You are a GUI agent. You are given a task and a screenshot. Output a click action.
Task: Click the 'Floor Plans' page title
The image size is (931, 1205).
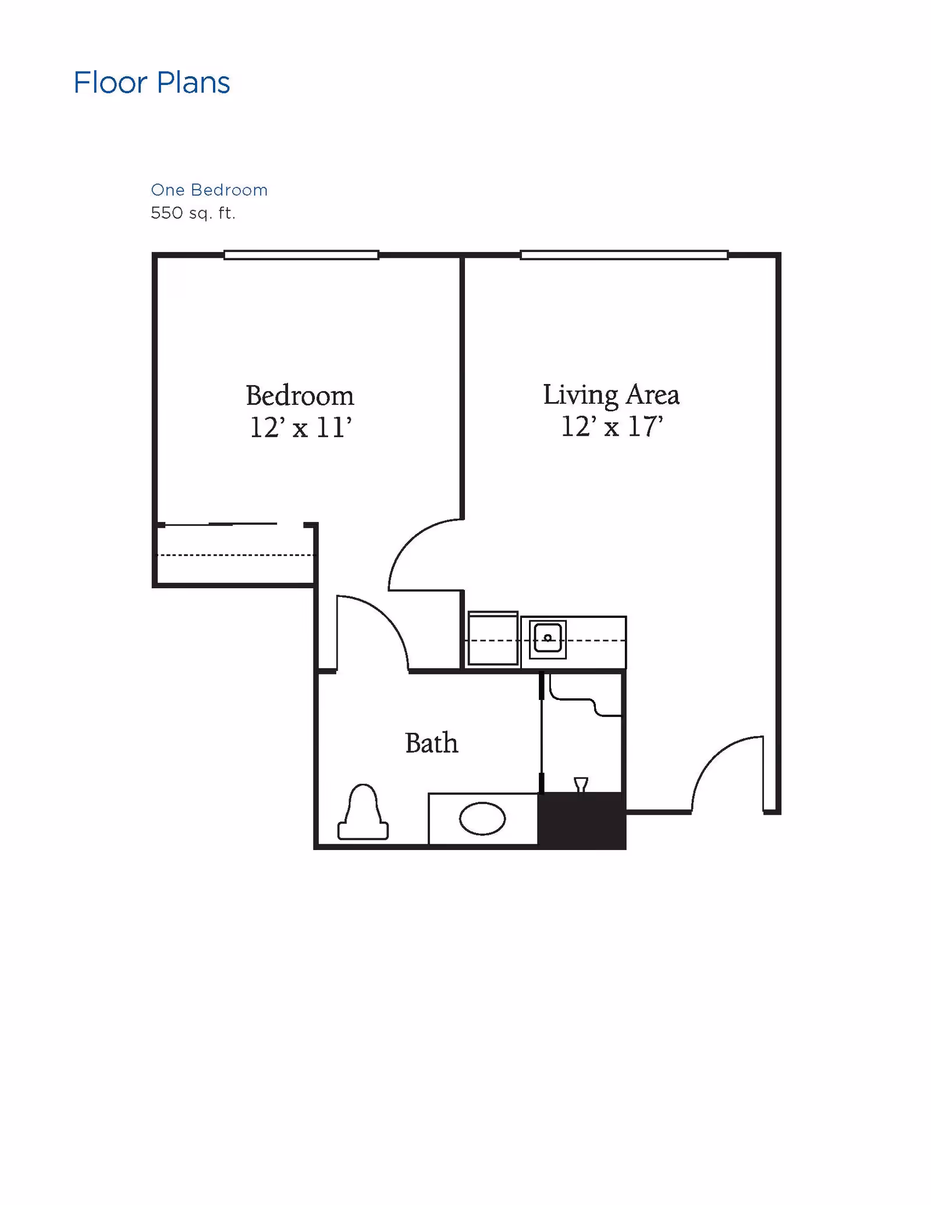pos(151,83)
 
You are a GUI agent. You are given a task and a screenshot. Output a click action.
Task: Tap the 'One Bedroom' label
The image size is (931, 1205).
pos(209,190)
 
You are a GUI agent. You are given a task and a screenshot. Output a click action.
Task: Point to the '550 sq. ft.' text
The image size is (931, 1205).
pos(193,213)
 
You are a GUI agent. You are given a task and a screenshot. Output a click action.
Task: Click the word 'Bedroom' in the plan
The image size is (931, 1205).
pos(300,396)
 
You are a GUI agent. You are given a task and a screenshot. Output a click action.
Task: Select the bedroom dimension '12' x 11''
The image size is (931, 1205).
pos(300,428)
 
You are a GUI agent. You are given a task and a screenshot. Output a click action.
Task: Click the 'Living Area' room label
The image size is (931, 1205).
pos(611,395)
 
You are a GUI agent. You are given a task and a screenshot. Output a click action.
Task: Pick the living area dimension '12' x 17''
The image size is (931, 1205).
pos(612,426)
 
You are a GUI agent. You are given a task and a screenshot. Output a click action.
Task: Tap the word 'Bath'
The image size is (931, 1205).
pos(431,743)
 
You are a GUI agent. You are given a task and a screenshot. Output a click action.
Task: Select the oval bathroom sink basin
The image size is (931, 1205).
pos(482,819)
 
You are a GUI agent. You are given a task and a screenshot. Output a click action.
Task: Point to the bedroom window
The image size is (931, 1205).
pos(301,255)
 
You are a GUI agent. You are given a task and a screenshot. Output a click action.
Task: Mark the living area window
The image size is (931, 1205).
pos(624,255)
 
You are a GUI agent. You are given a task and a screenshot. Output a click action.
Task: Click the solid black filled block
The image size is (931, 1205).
pos(582,820)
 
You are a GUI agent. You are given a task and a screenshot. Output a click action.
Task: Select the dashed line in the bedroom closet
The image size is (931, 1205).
pos(236,555)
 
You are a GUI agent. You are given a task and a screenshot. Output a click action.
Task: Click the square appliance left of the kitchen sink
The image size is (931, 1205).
pos(493,638)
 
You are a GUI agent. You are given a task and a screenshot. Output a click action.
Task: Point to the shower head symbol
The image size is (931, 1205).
pos(581,784)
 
